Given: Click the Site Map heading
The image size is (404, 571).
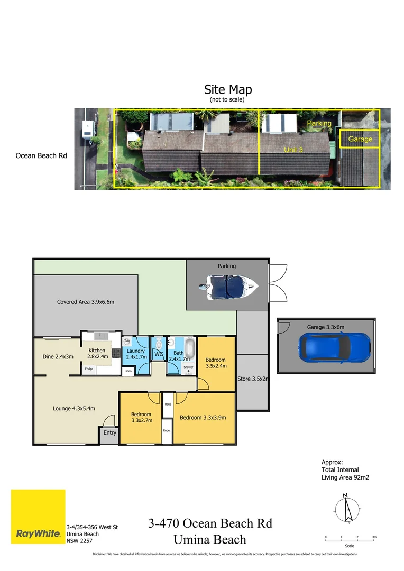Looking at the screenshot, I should coord(228,89).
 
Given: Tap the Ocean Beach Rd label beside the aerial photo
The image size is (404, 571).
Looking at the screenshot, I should coord(41,156).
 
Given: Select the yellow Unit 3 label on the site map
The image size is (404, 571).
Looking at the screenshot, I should coord(293,150).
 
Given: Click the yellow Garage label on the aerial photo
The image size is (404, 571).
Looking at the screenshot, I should coord(360,139).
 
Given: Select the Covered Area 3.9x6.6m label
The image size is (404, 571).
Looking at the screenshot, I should coord(86,302).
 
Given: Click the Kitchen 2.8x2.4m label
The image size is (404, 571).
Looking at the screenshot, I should coord(97,353).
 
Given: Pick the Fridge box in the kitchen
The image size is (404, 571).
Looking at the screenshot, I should coord(89,369).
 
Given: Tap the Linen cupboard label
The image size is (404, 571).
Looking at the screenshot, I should coord(128,372).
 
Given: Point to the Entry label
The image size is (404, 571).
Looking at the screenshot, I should coord(110,433).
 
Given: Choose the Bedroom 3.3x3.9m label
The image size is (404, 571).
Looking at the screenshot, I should coord(203,418).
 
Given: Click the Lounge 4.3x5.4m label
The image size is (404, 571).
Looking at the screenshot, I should coord(74,408).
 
